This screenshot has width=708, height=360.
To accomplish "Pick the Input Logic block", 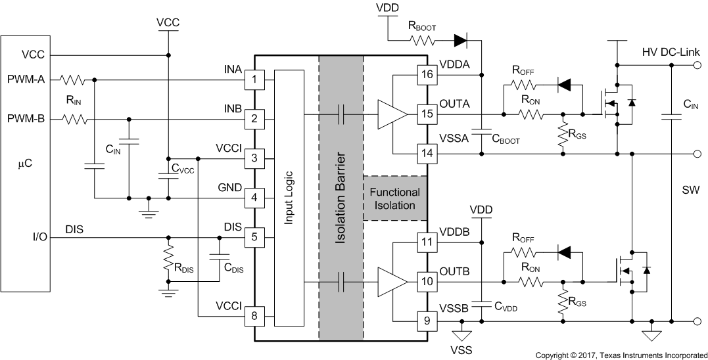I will click(x=289, y=198).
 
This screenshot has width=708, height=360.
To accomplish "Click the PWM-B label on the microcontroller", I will click(x=26, y=120).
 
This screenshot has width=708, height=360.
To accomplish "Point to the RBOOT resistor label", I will click(x=423, y=27).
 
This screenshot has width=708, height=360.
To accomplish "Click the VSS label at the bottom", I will click(x=462, y=349).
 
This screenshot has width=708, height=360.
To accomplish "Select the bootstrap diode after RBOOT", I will click(x=460, y=41).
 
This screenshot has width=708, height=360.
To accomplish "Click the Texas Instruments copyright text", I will click(x=621, y=355).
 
